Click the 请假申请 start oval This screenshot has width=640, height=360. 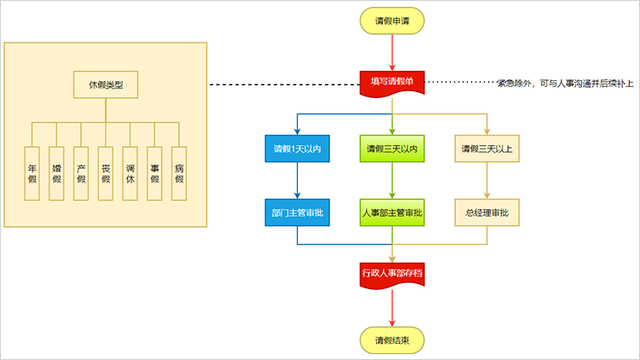[392, 20]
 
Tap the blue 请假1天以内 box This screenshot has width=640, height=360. [297, 148]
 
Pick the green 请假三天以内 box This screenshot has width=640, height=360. [392, 148]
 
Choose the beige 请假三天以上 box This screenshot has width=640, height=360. [487, 148]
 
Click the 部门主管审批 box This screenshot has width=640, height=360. [297, 212]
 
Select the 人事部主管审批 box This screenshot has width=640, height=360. [392, 212]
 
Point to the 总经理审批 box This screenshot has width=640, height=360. [487, 212]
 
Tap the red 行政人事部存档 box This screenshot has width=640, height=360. [392, 275]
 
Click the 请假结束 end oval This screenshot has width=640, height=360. [392, 340]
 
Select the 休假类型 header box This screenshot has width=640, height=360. [106, 84]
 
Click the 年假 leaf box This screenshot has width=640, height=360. [32, 173]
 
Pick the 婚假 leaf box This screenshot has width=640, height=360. [56, 173]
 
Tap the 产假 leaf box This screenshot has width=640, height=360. [81, 173]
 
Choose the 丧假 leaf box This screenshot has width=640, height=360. [105, 173]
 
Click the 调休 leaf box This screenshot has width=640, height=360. [130, 173]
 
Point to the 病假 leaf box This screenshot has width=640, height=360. [179, 173]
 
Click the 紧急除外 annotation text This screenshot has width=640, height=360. [565, 84]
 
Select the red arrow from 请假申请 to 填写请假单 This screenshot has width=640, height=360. [392, 53]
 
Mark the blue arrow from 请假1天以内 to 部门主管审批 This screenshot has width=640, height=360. [297, 180]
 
